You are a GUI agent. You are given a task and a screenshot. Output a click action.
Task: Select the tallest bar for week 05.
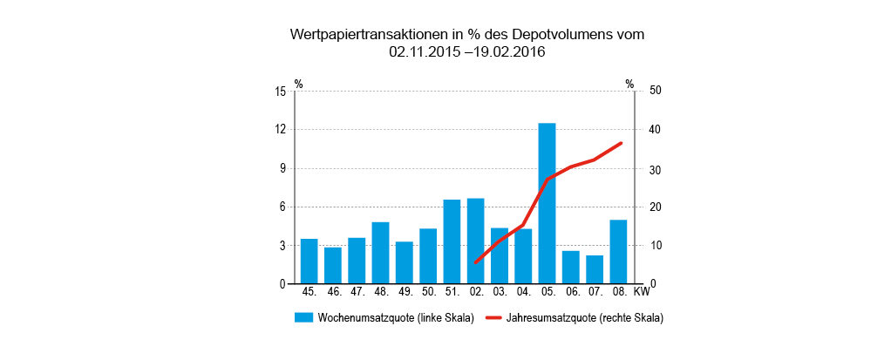click(547, 203)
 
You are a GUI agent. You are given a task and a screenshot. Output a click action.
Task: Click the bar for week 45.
click(309, 262)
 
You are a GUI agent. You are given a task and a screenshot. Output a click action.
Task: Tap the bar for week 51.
click(452, 241)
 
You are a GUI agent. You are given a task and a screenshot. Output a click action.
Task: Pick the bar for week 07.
click(595, 269)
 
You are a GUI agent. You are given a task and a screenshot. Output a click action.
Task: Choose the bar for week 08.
click(618, 252)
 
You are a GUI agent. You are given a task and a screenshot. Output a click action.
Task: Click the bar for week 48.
click(380, 253)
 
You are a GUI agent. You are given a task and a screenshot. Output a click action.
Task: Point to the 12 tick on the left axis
click(281, 129)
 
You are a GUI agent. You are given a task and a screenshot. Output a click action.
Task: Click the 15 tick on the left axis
click(281, 91)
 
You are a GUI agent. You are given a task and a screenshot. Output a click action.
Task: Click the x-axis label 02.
click(475, 293)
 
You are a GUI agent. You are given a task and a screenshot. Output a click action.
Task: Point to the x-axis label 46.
click(333, 293)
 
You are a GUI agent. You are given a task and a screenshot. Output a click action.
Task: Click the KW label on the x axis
click(642, 293)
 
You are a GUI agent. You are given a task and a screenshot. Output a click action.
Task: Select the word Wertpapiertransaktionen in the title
click(365, 36)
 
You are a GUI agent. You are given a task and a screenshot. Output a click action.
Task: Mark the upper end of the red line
click(621, 143)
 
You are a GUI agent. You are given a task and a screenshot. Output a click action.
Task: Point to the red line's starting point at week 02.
click(475, 262)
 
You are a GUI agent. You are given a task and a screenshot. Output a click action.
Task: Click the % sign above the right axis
click(629, 84)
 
